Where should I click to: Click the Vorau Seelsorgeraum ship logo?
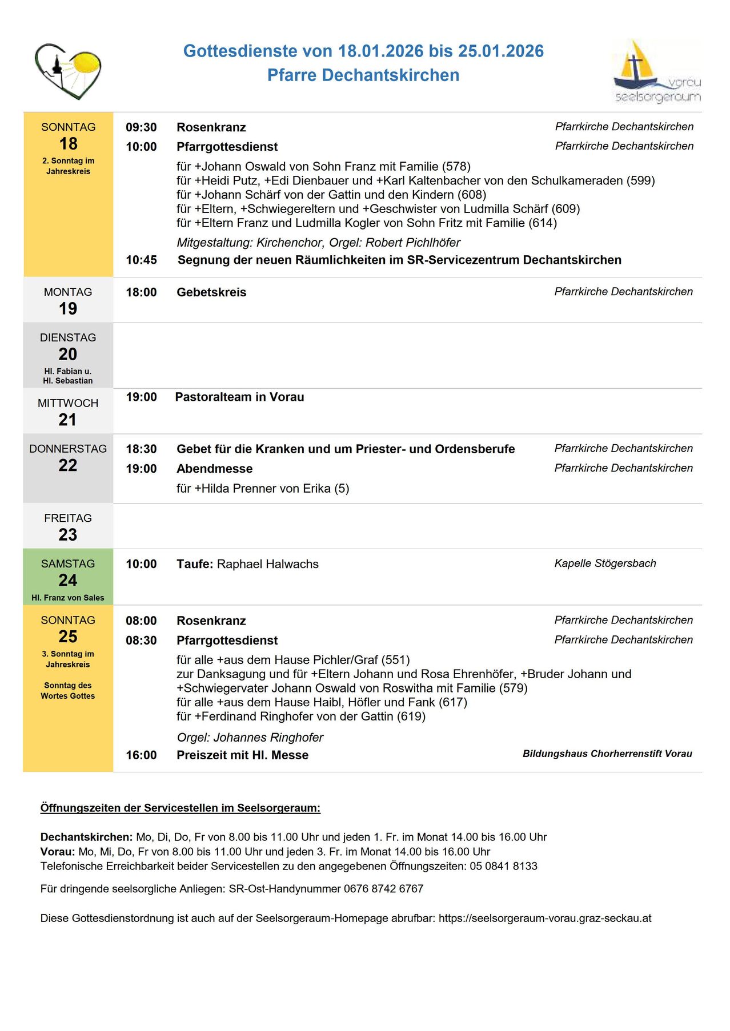(656, 71)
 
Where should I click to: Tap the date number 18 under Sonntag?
(68, 144)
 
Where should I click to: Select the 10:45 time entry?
(141, 260)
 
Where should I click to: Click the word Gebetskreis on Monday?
(211, 292)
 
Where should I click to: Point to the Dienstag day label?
(68, 337)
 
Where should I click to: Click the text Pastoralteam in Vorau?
(239, 397)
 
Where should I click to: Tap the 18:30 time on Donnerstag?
(141, 449)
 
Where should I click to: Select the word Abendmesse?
(214, 469)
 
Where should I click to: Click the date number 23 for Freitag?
(68, 535)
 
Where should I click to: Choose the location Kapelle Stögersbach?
(605, 563)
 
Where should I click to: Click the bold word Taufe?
(194, 564)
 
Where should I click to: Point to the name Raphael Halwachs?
(268, 564)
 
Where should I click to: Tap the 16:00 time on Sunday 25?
(141, 755)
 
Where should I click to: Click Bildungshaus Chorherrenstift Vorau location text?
(607, 754)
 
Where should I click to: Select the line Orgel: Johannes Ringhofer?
(250, 738)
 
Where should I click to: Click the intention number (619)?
(411, 716)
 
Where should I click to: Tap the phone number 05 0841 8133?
(503, 866)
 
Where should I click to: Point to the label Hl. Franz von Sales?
(68, 598)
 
